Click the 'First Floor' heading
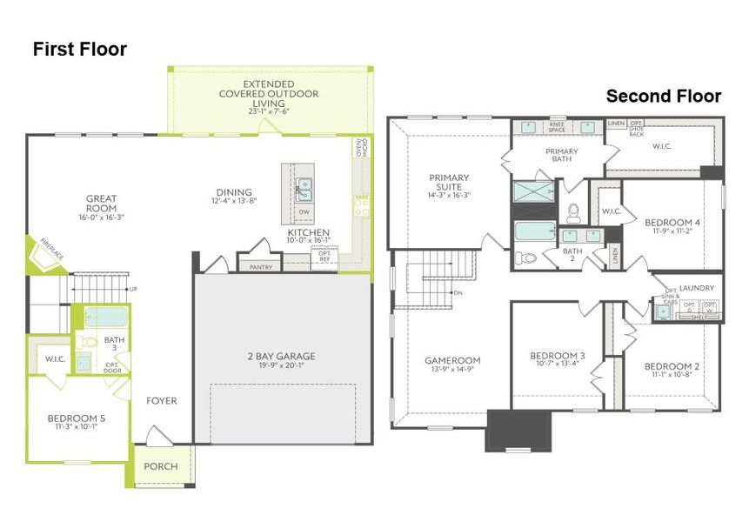click(x=79, y=50)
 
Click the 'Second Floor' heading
click(x=663, y=96)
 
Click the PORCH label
click(x=160, y=466)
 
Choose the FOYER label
click(x=161, y=401)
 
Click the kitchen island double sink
click(x=304, y=189)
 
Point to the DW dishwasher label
click(x=304, y=212)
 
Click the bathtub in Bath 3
click(x=106, y=317)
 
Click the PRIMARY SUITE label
click(x=449, y=184)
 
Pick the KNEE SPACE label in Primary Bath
click(x=557, y=128)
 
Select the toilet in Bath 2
click(x=526, y=258)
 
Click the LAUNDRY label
click(x=698, y=288)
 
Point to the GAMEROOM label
click(x=451, y=360)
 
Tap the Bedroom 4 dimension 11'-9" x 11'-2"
click(x=672, y=233)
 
